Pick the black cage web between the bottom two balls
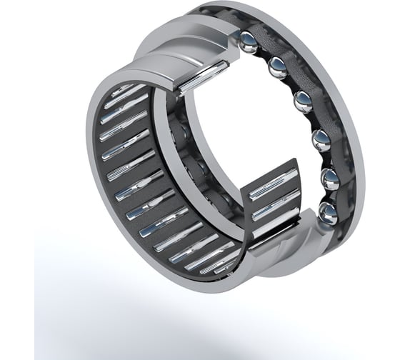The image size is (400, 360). [x=330, y=195]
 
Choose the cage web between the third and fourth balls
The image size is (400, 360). [x=312, y=118]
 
